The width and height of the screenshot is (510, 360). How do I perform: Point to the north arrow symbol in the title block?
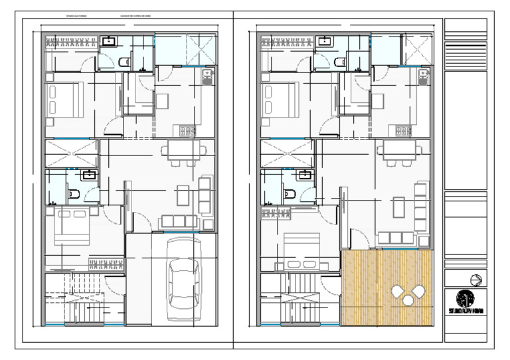click(475, 280)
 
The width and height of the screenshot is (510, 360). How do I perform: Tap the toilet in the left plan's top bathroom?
click(124, 62)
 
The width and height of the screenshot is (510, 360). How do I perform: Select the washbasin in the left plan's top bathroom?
click(110, 42)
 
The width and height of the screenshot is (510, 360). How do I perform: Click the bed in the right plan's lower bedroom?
click(302, 250)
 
